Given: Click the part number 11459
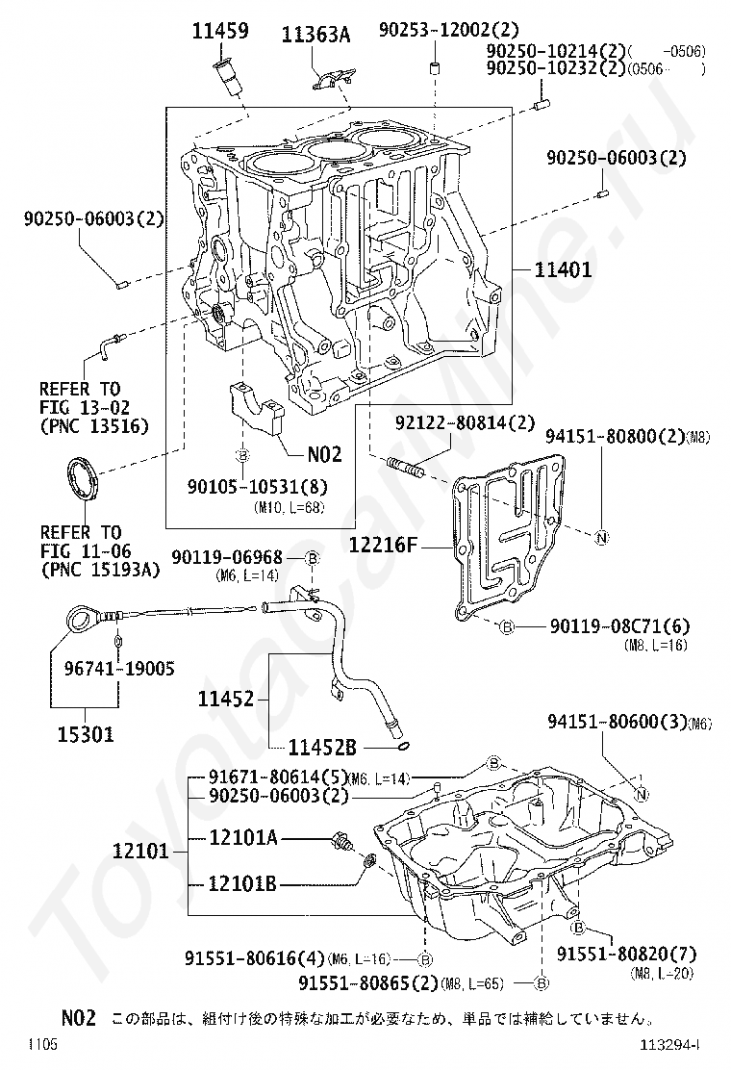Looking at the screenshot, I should click(220, 31).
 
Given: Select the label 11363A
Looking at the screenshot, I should click(315, 36).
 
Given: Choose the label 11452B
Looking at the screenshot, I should click(323, 746).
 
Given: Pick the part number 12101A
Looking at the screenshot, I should click(243, 838).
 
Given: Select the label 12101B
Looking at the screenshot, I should click(243, 883).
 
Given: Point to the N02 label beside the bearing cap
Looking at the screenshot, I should click(325, 452).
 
